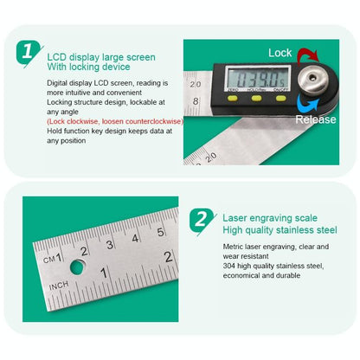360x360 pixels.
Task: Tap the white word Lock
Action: coord(280,52)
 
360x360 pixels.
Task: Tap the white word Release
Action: coord(315,119)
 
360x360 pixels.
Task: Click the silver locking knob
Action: coord(316,85)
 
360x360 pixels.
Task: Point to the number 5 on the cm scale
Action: coord(160,232)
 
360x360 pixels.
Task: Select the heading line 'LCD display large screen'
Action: coord(101,57)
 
